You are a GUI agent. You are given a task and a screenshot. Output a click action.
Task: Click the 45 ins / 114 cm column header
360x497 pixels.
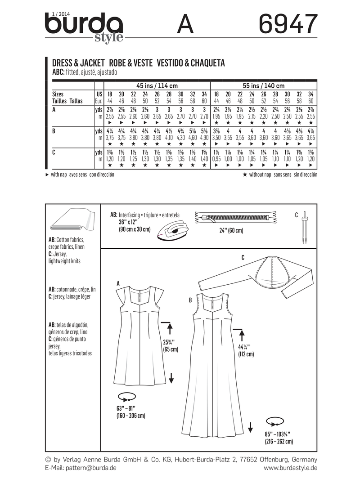pyautogui.click(x=157, y=85)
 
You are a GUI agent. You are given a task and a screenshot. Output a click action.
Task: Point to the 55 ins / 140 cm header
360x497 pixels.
pyautogui.click(x=263, y=85)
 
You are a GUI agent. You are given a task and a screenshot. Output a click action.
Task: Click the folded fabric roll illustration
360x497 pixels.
pyautogui.click(x=72, y=222)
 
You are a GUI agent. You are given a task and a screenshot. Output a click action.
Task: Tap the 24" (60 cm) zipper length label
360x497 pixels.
pyautogui.click(x=228, y=231)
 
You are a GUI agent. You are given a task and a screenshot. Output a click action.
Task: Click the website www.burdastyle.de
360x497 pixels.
pyautogui.click(x=290, y=468)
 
